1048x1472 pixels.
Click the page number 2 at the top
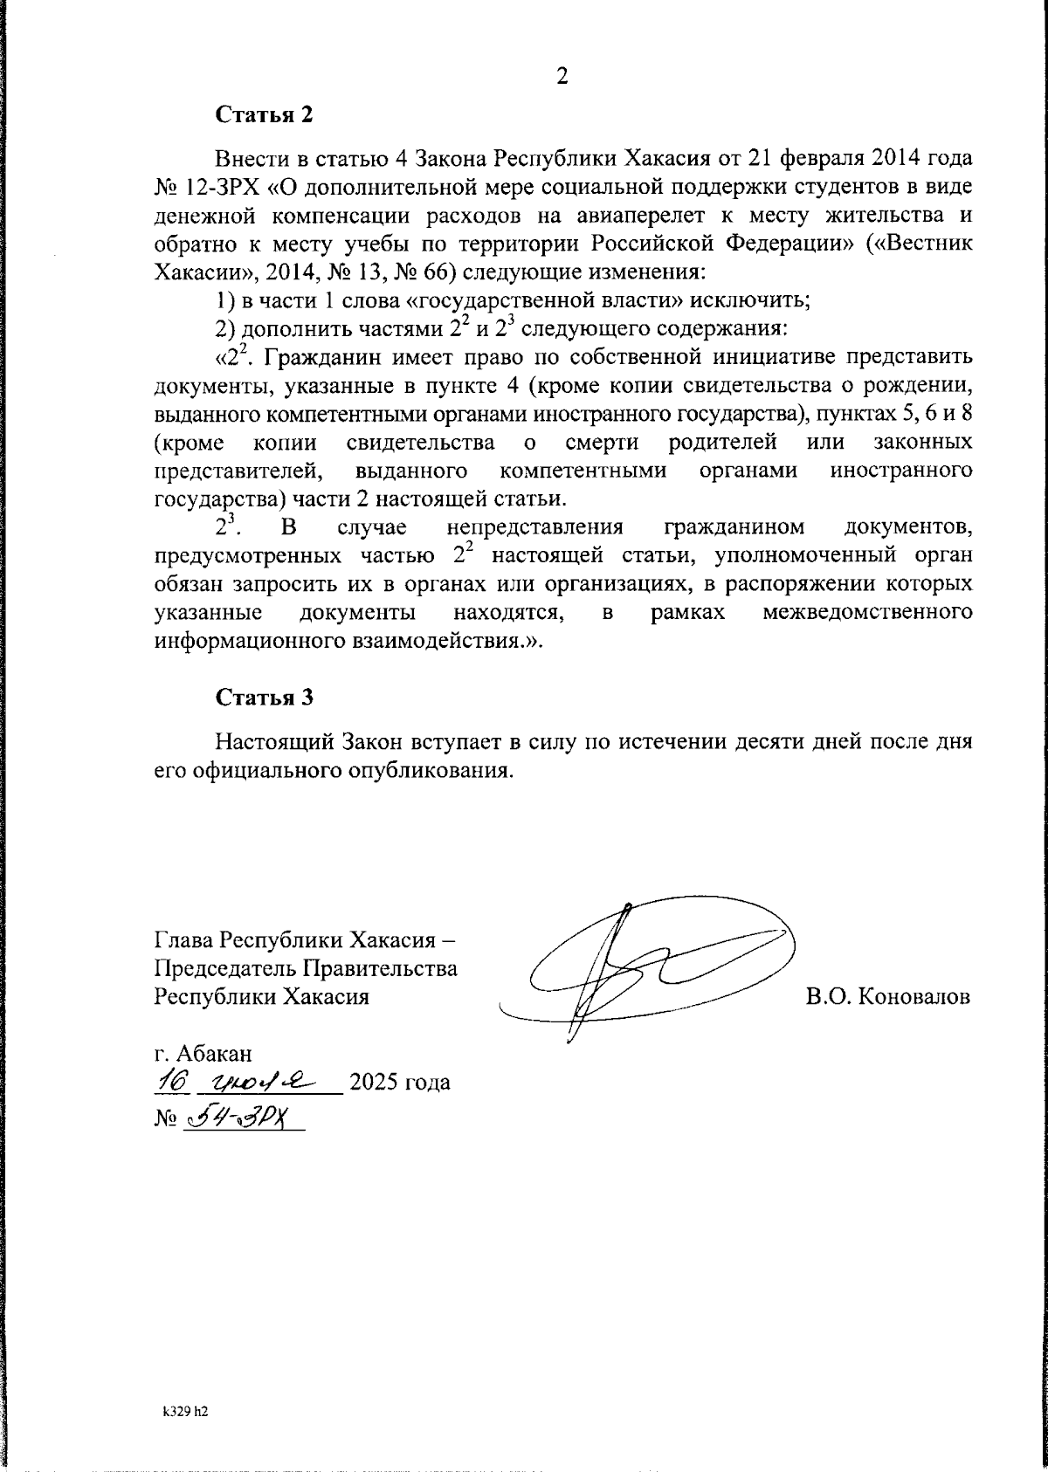click(562, 77)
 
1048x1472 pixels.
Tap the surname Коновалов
click(913, 997)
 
